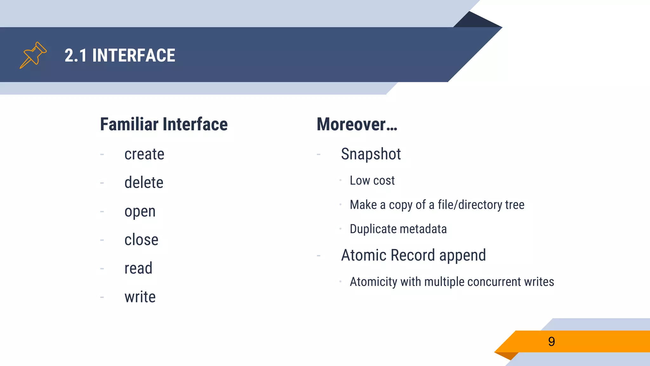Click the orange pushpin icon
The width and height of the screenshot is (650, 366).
tap(33, 55)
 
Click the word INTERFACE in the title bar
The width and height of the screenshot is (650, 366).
tap(134, 56)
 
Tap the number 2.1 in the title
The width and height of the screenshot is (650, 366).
tap(76, 56)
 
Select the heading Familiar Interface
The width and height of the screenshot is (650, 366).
tap(164, 124)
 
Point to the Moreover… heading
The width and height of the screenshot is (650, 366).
tap(357, 124)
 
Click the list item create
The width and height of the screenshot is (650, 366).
tap(144, 154)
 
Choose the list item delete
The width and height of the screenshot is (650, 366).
tap(144, 183)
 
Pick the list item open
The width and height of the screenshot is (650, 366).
tap(140, 212)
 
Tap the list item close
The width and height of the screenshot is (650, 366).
tap(141, 240)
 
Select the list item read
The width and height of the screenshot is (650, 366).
tap(138, 268)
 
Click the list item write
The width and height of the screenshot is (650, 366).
tap(140, 297)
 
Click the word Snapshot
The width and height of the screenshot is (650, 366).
tap(371, 154)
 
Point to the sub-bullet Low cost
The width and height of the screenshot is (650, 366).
tap(372, 181)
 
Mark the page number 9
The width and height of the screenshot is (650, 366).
tap(551, 342)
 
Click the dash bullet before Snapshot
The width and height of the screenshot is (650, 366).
tap(319, 155)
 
